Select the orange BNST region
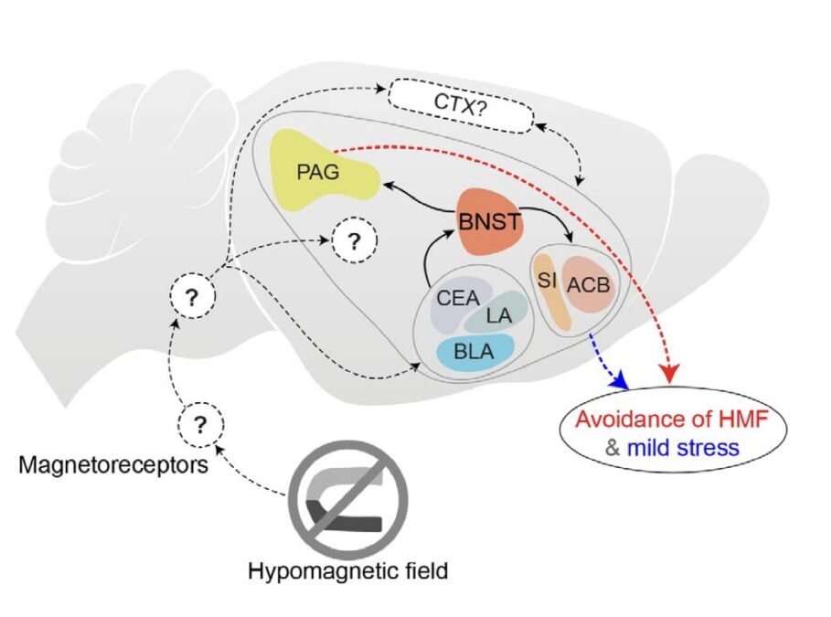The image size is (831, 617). [x=489, y=220]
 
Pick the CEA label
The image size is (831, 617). [x=458, y=298]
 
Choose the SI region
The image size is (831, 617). [x=551, y=293]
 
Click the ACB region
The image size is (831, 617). [x=588, y=285]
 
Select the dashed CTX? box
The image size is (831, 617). [x=461, y=105]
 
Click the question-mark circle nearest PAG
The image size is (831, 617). [x=354, y=241]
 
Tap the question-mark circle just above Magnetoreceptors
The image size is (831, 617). [x=200, y=424]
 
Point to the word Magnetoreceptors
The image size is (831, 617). [x=113, y=465]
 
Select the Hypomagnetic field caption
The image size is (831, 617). [x=348, y=571]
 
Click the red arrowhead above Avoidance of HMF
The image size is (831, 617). [x=671, y=375]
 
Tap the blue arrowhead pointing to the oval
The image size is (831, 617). [x=619, y=382]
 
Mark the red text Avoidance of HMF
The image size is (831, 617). [x=672, y=420]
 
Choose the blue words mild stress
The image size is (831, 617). [x=683, y=448]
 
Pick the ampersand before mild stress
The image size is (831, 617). [x=613, y=448]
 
